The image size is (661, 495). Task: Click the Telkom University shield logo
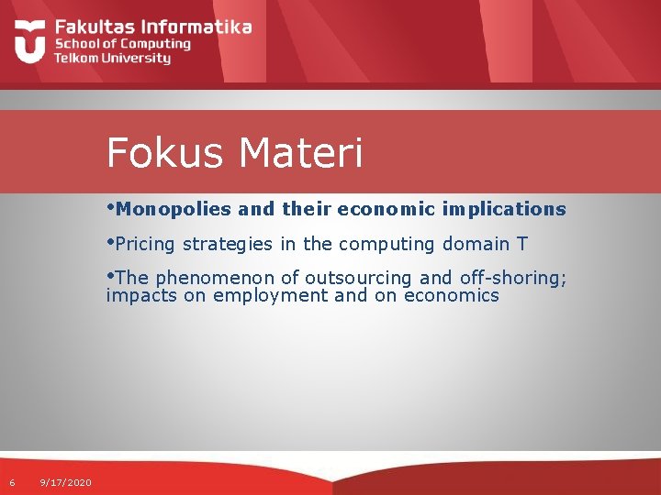(30, 42)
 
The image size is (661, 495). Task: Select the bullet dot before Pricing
(110, 242)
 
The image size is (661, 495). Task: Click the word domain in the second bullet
(477, 244)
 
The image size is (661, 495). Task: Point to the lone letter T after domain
(522, 244)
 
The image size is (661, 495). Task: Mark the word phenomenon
(216, 279)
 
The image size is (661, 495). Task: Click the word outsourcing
(358, 279)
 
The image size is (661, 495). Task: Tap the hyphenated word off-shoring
(512, 279)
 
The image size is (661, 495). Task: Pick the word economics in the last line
(451, 295)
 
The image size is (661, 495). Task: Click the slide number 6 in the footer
(12, 482)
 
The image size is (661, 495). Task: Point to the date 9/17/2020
(66, 482)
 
